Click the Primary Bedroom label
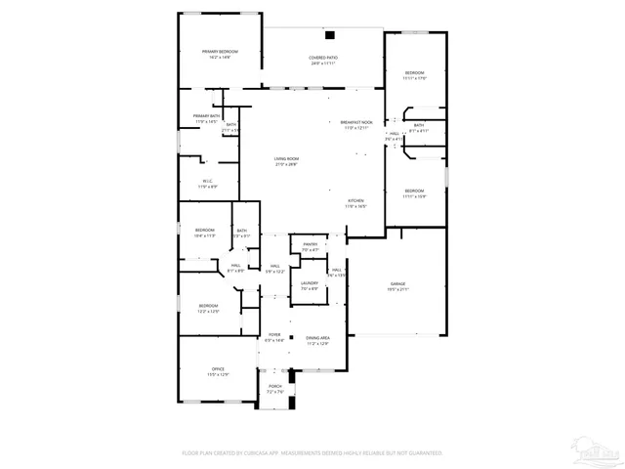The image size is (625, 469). pyautogui.click(x=220, y=51)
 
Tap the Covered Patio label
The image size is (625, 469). pyautogui.click(x=323, y=59)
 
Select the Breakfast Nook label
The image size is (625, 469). pyautogui.click(x=355, y=122)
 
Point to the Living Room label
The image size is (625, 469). pyautogui.click(x=285, y=158)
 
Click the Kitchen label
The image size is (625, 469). pyautogui.click(x=354, y=200)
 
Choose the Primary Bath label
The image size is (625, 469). pyautogui.click(x=206, y=115)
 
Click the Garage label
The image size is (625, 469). pyautogui.click(x=396, y=283)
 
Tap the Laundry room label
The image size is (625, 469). pyautogui.click(x=310, y=283)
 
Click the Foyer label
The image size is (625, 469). pyautogui.click(x=274, y=334)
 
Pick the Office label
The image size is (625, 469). pyautogui.click(x=218, y=368)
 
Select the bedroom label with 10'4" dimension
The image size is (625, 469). pyautogui.click(x=204, y=232)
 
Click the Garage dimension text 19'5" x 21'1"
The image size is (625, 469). pyautogui.click(x=396, y=289)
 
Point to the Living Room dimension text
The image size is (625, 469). pyautogui.click(x=285, y=164)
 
